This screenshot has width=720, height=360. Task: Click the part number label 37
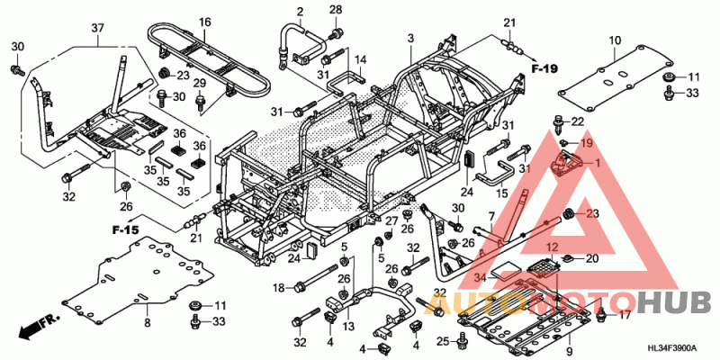(97, 28)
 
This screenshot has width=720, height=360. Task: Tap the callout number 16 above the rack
(205, 22)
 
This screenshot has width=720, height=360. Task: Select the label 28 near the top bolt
(336, 10)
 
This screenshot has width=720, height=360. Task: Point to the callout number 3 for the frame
(410, 38)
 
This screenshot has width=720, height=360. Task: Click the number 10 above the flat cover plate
(615, 40)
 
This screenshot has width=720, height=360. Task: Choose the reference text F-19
(544, 68)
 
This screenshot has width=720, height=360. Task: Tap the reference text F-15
(126, 231)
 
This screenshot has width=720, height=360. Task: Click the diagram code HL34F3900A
(672, 349)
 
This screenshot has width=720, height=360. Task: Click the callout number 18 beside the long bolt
(279, 287)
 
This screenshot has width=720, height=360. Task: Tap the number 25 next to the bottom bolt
(442, 340)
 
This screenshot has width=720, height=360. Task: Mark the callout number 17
(624, 315)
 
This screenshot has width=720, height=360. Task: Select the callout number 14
(358, 61)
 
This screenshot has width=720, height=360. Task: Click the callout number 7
(491, 217)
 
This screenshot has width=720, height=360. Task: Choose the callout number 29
(200, 84)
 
